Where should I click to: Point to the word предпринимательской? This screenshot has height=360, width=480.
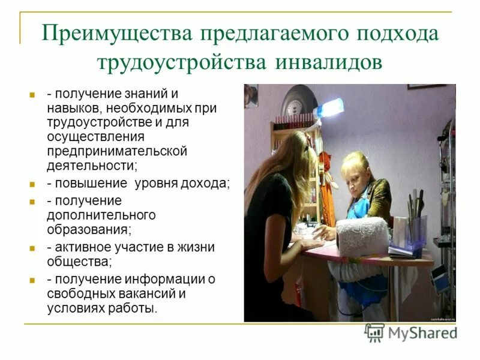pos(117,151)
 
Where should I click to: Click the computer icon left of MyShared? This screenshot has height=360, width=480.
pos(374,332)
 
